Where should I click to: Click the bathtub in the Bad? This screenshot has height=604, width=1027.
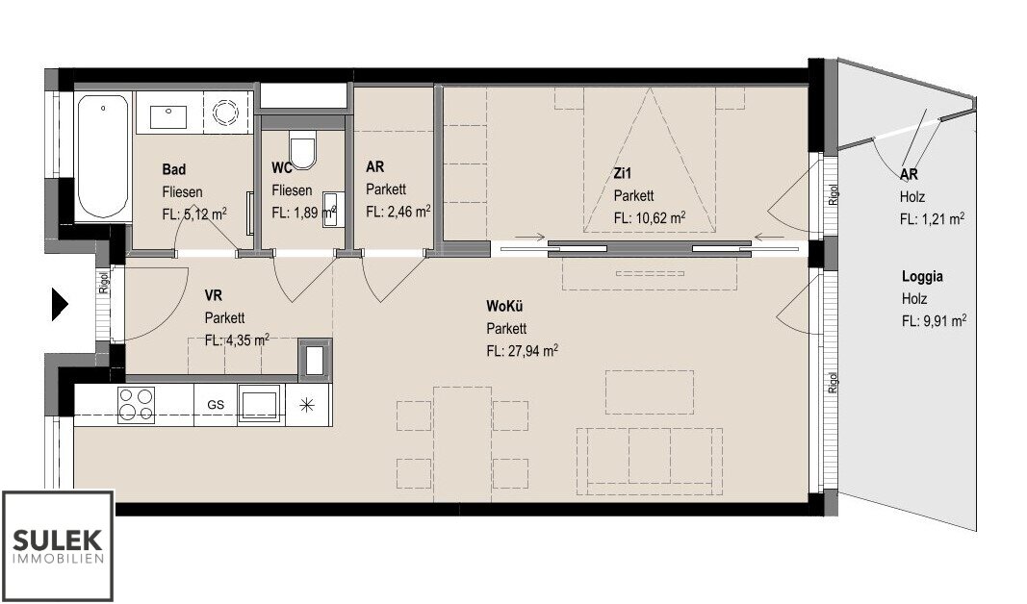(103, 157)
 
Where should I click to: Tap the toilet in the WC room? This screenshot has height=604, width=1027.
(302, 149)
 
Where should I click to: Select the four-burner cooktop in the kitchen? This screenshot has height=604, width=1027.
(137, 404)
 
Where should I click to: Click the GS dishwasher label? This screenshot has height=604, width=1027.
(216, 404)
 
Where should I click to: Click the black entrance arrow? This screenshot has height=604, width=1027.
(61, 304)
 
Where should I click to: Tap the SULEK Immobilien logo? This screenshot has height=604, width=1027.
(58, 545)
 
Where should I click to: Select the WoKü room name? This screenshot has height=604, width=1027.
(504, 306)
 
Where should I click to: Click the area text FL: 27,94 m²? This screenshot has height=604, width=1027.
(522, 351)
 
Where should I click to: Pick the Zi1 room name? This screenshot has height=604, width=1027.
(623, 173)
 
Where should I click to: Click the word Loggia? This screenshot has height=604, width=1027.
(922, 277)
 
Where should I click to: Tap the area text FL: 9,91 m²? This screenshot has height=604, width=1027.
(934, 321)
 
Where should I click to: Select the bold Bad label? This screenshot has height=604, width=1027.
(173, 169)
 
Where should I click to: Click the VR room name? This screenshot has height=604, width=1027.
(214, 296)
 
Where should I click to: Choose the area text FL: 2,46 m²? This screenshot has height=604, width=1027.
(398, 212)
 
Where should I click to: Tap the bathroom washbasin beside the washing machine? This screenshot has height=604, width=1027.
(169, 117)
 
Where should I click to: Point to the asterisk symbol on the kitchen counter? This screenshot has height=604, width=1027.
(306, 405)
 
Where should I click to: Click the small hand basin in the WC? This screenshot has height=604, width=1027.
(331, 210)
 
